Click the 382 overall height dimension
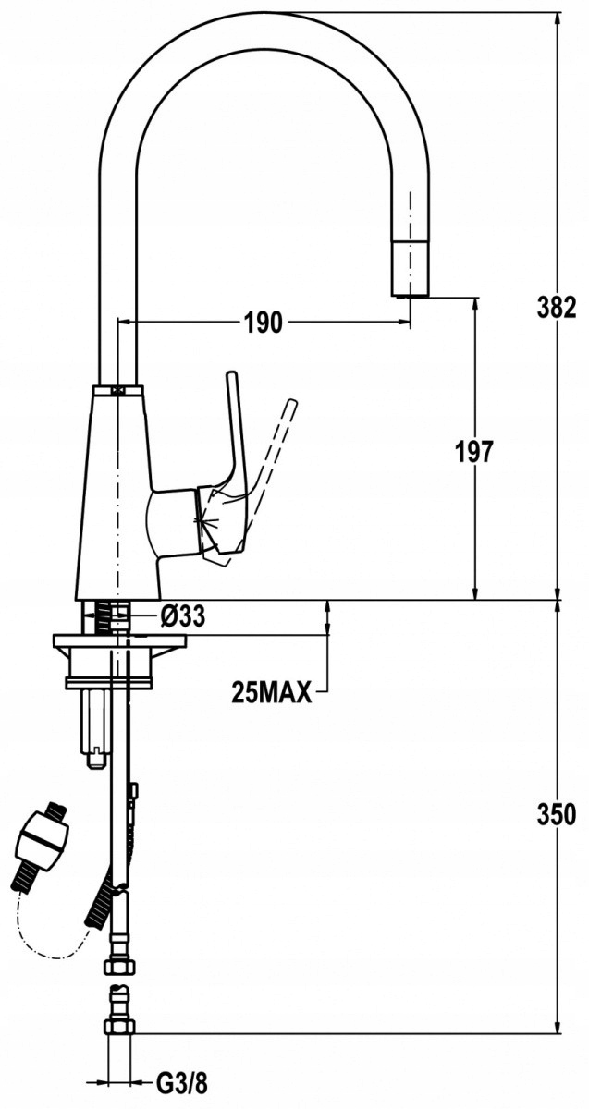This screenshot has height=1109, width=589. [557, 308]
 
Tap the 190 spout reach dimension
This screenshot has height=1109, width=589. [263, 323]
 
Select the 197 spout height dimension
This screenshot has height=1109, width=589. [474, 452]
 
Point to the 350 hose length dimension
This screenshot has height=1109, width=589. [557, 814]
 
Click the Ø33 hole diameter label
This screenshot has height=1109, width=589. [183, 616]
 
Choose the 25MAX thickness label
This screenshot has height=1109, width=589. [272, 692]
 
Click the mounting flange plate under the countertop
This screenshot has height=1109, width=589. [120, 641]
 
